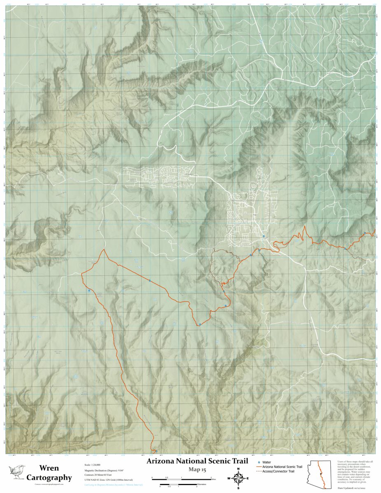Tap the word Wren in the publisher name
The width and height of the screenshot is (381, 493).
click(x=49, y=468)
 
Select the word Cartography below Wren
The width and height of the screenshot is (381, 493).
click(x=49, y=478)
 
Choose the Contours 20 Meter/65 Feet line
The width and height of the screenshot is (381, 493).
click(x=100, y=475)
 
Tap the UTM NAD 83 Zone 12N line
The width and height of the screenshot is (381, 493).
click(x=111, y=480)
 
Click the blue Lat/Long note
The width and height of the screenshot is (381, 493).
click(x=113, y=486)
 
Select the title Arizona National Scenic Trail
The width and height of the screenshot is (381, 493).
click(x=197, y=461)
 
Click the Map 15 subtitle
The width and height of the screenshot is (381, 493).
click(x=197, y=470)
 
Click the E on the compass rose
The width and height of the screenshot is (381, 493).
click(x=247, y=478)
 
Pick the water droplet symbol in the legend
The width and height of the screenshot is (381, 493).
click(x=259, y=463)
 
